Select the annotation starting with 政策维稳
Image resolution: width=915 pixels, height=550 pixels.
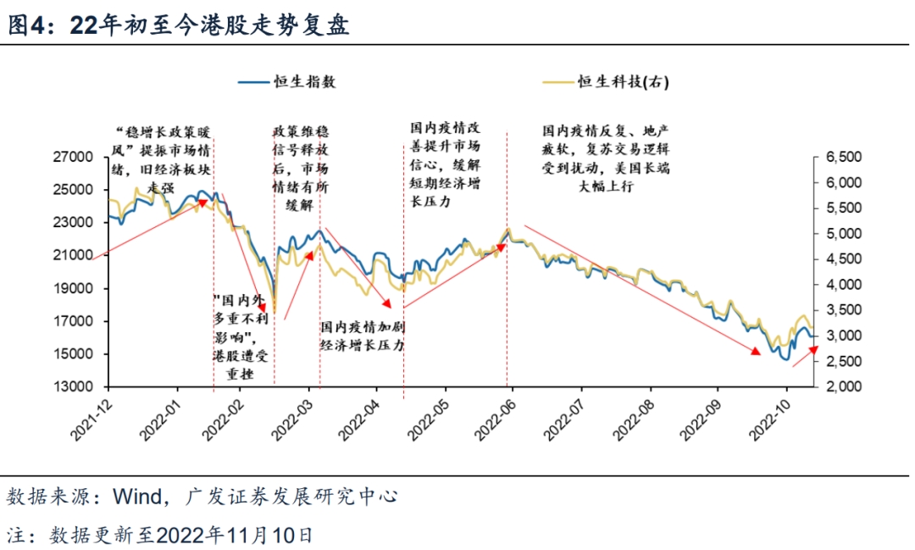(300, 169)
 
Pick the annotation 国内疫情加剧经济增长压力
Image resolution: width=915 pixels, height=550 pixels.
(362, 336)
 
